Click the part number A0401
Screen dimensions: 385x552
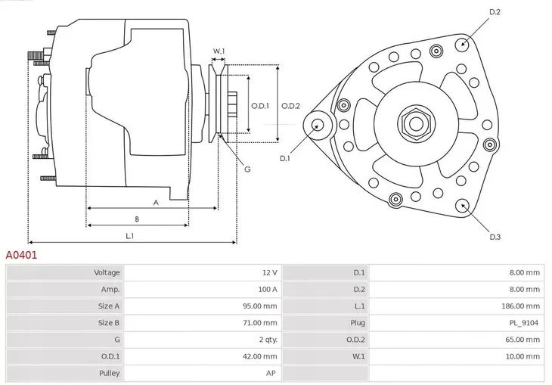tap(21, 256)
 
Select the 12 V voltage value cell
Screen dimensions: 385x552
tap(268, 272)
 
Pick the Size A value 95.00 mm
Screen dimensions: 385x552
tap(260, 306)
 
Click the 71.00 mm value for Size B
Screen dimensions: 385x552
tap(260, 323)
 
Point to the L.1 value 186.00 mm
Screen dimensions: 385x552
tap(521, 306)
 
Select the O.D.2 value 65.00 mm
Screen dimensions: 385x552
tap(523, 340)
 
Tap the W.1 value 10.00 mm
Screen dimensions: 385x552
tap(523, 356)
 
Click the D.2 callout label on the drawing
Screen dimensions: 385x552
tap(495, 12)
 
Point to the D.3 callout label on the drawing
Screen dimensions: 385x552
tap(495, 238)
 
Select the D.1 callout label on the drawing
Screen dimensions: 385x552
tap(285, 159)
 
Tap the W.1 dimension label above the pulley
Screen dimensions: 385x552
tap(219, 52)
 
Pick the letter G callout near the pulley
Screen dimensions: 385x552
tap(247, 169)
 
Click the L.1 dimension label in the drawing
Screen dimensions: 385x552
tap(130, 236)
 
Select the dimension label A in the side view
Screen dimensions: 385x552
tap(156, 202)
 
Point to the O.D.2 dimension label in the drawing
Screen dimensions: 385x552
tap(291, 106)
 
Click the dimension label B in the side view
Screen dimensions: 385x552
tap(137, 219)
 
